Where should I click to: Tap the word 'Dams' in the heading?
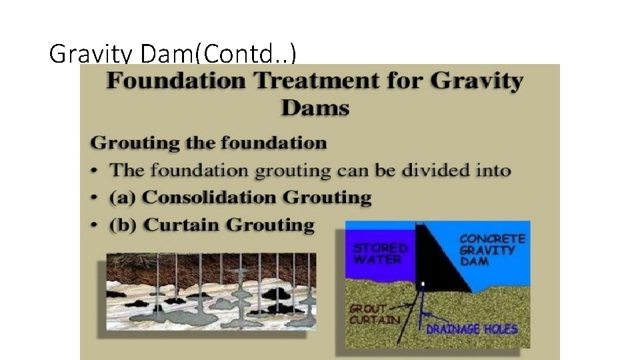click(315, 107)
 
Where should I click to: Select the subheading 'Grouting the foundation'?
click(209, 143)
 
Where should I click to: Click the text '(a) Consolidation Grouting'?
click(241, 197)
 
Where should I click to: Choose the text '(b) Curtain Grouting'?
click(212, 225)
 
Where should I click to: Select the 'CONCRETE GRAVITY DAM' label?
click(492, 249)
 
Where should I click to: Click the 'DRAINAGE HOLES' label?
click(471, 329)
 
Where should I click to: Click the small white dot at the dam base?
click(421, 285)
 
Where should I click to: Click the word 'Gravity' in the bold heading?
click(477, 82)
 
